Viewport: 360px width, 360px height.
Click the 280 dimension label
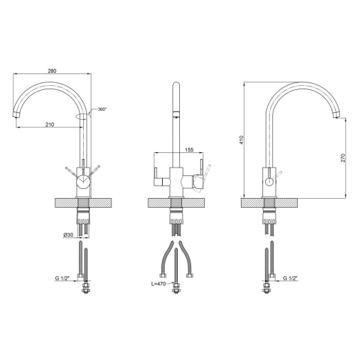coord(52,71)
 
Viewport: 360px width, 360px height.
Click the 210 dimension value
coord(50,125)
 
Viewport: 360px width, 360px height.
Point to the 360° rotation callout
coord(102,109)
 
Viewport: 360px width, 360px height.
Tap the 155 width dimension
coord(189,150)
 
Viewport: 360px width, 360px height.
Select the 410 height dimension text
coord(242,140)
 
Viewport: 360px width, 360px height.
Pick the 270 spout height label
coord(343,158)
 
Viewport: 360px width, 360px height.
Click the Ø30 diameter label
coord(69,235)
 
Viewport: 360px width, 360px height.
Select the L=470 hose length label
coord(159,284)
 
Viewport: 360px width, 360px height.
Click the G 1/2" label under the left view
coord(62,278)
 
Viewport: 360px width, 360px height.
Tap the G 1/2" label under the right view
coord(290,278)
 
